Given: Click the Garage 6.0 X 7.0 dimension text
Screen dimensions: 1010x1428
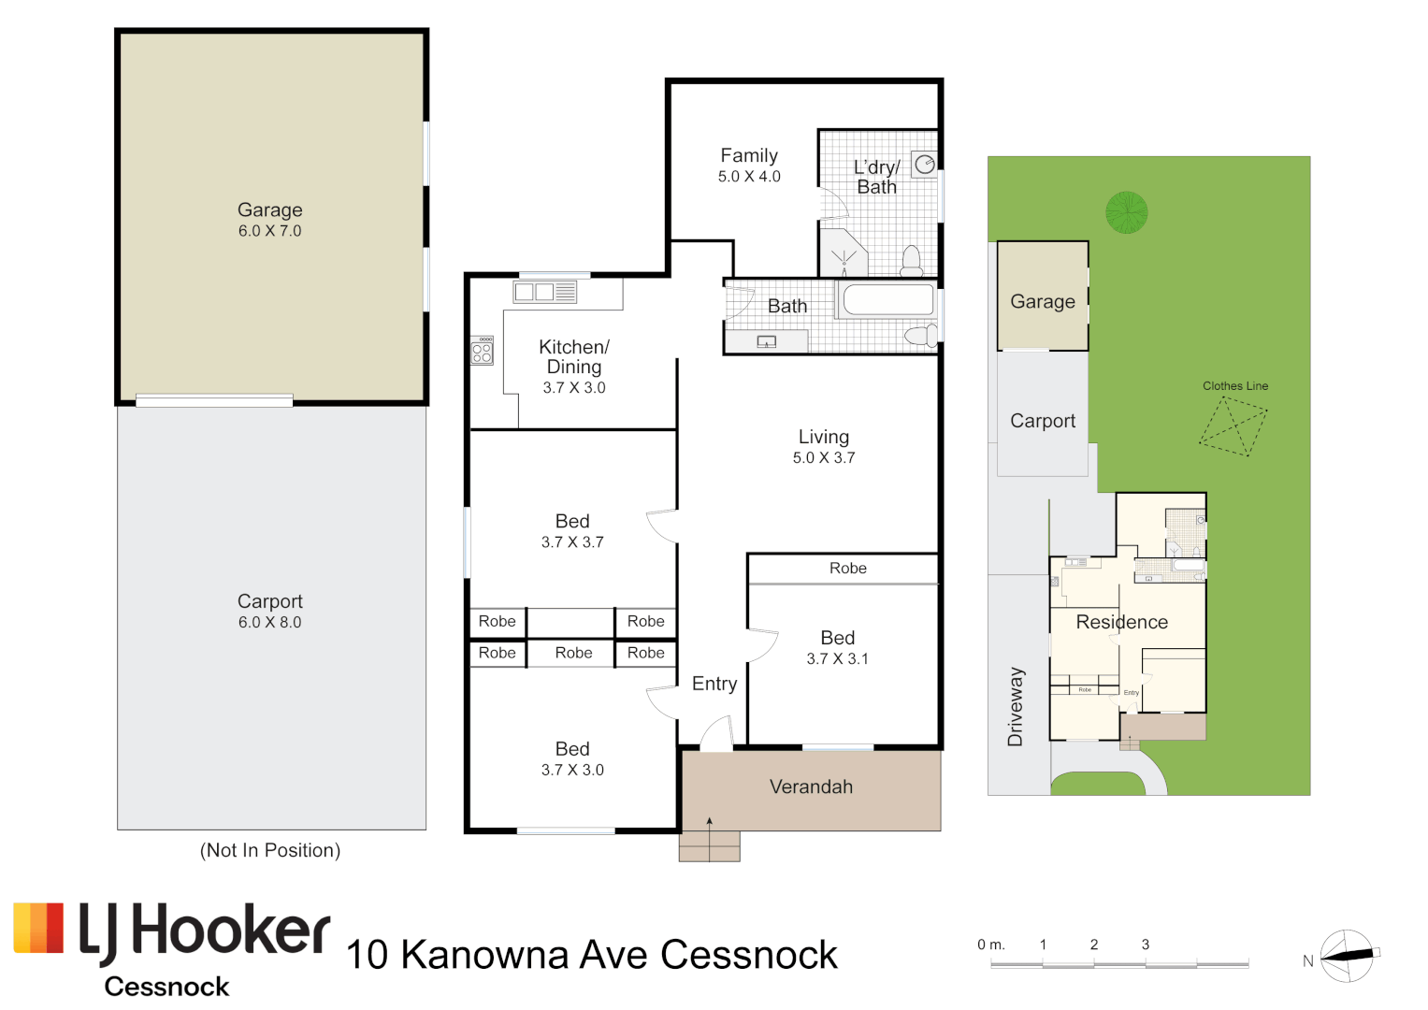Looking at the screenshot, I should click(269, 231).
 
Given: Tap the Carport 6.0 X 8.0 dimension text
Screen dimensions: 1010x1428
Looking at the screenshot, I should click(269, 623).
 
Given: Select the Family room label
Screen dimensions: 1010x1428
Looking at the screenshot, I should click(749, 156).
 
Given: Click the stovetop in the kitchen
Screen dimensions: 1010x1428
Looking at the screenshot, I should click(482, 351).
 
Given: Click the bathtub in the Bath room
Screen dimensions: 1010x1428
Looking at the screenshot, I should click(887, 300).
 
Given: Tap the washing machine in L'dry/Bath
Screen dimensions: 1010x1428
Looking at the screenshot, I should click(925, 166).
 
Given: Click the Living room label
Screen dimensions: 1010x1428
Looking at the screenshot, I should click(824, 437).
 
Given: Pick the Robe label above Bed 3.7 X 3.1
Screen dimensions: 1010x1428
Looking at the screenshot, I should click(847, 569).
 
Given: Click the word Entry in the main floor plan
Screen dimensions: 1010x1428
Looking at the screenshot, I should click(714, 684).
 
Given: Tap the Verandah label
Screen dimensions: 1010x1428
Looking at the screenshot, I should click(811, 787).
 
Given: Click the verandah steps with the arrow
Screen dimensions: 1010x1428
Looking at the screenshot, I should click(709, 845).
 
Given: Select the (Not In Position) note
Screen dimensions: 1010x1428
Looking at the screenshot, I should click(270, 850).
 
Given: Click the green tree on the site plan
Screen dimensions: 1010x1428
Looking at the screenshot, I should click(1126, 212).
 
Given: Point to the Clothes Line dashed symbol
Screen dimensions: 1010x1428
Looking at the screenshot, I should click(1233, 426).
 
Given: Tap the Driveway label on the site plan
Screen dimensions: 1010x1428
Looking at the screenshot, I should click(1016, 707).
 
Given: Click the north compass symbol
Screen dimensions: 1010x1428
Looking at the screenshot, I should click(1347, 956).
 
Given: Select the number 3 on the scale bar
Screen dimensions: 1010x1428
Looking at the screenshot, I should click(1146, 945).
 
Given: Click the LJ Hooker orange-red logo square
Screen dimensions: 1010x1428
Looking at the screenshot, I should click(38, 928).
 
